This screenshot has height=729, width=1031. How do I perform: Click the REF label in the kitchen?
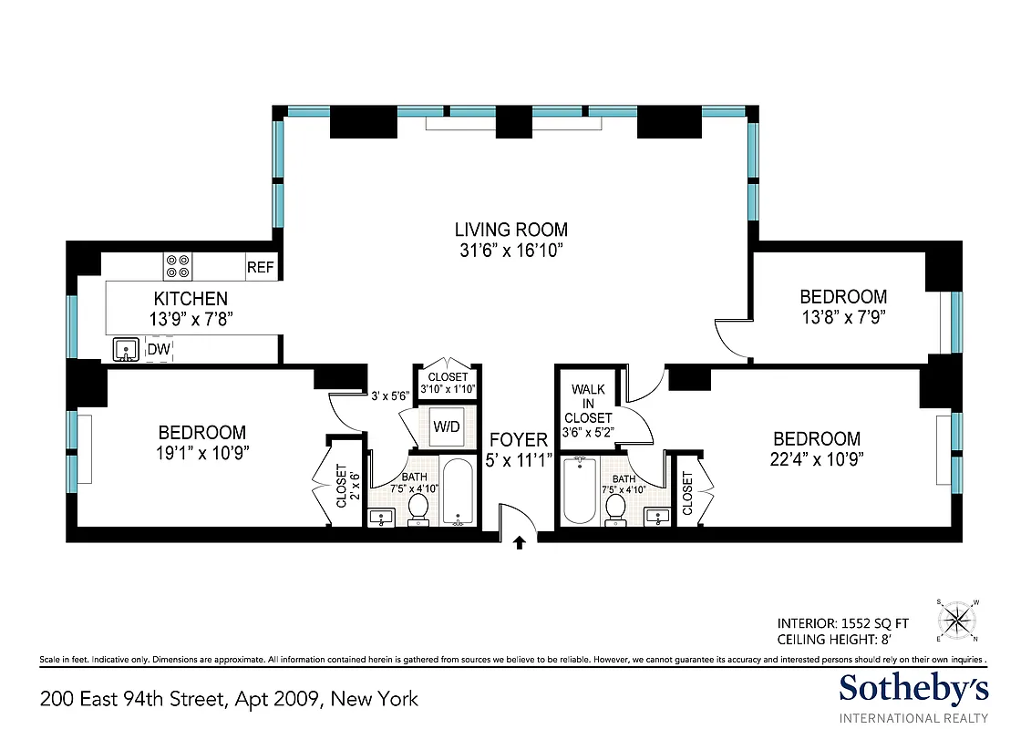260,268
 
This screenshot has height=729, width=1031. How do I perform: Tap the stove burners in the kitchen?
177,266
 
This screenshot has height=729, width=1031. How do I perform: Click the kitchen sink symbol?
125,350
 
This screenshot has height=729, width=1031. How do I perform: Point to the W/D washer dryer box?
446,426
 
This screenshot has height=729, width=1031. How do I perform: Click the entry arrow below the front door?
519,543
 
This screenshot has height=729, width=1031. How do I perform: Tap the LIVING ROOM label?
511,230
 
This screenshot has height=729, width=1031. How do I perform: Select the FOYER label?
518,441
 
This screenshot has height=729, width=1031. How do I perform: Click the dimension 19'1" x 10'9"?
202,452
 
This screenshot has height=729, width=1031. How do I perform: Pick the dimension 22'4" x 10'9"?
816,458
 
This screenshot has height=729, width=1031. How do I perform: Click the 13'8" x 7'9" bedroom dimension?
842,317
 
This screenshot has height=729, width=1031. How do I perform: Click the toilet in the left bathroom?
419,508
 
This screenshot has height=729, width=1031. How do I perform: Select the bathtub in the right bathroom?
578,491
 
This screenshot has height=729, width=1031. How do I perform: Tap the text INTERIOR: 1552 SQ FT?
842,623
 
